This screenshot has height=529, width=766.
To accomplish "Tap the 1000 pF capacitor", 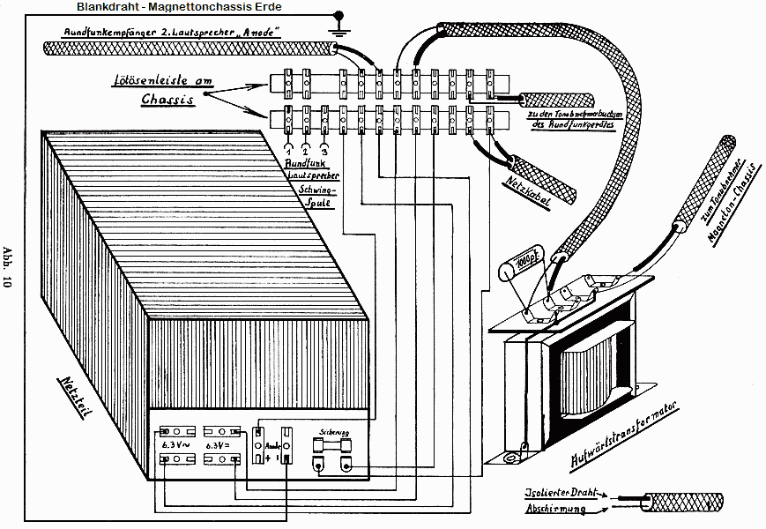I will click(514, 264).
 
